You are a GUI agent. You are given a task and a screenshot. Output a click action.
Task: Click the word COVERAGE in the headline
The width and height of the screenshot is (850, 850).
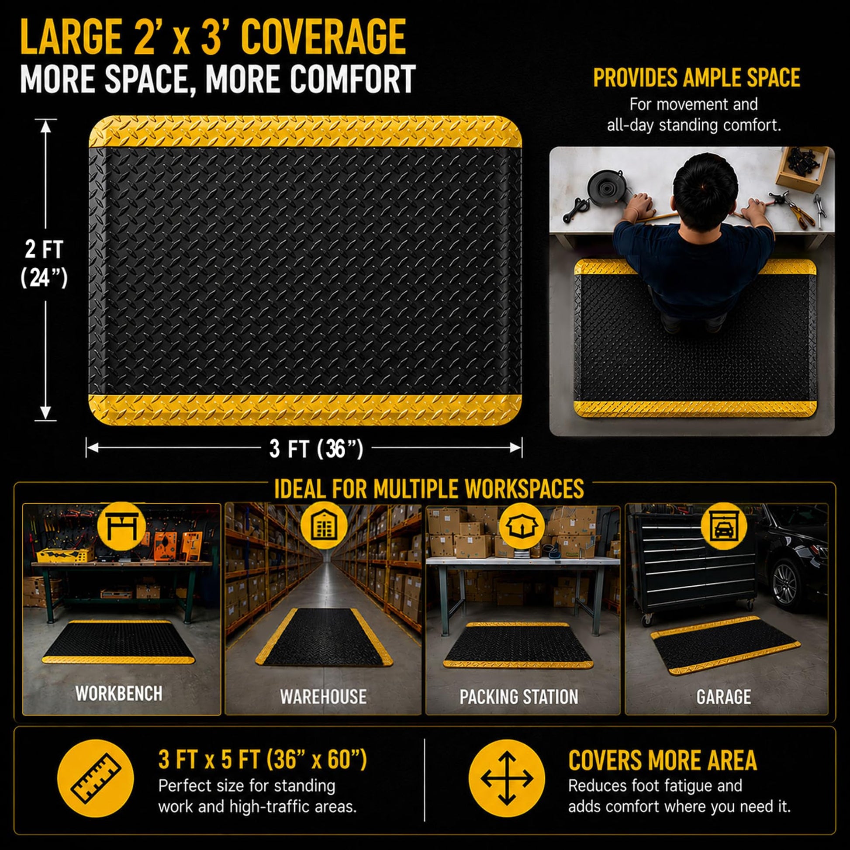323,38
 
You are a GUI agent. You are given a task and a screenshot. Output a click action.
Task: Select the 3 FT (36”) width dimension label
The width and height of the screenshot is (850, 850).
316,449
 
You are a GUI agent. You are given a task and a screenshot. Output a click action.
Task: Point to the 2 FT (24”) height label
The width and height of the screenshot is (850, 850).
44,263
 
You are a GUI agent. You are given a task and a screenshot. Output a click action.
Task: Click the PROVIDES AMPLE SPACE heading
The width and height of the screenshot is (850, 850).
696,78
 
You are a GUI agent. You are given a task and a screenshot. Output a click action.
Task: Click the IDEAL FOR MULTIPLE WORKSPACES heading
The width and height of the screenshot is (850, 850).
429,489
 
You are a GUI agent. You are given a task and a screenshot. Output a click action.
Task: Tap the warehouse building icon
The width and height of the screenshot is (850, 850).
323,525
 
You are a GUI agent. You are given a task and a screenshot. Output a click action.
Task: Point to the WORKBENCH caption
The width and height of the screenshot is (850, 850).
119,694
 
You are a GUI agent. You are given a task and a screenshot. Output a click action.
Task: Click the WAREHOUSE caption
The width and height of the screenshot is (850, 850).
323,697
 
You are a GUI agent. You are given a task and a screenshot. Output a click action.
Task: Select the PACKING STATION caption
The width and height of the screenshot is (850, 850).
519,697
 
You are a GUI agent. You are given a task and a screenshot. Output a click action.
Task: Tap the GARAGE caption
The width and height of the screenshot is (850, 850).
724,697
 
